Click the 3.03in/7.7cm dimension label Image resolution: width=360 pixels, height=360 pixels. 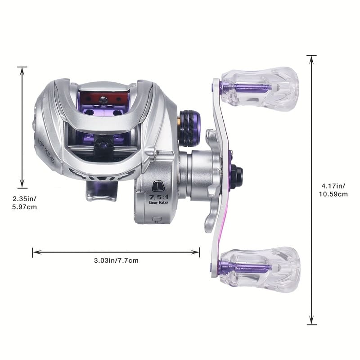point(116,260)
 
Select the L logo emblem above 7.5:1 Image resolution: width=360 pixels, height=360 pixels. point(157,186)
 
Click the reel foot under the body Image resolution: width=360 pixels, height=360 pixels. point(101,192)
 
